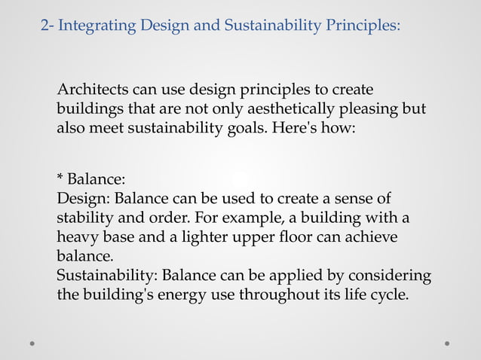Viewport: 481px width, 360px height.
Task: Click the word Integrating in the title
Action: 94,26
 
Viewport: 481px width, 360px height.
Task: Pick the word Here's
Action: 291,128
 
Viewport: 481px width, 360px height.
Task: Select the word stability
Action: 84,218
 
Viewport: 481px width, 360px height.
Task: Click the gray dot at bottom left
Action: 32,343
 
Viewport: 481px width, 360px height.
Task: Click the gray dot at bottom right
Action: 447,343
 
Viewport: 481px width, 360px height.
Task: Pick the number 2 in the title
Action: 44,26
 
